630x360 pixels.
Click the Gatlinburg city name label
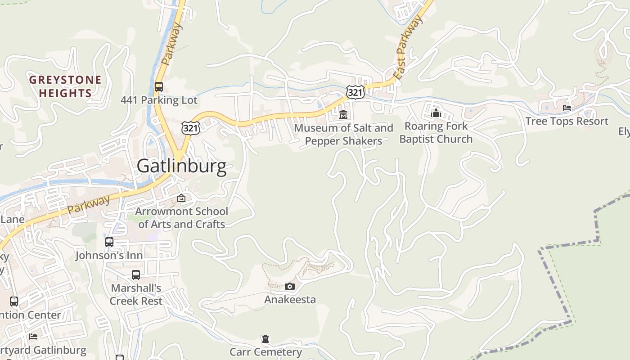coord(181,166)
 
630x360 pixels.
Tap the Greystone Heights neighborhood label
coord(65,87)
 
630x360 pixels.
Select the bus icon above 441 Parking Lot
coord(158,87)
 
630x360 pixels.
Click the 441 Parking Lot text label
coord(159,100)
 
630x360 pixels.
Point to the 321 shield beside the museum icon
coord(355,93)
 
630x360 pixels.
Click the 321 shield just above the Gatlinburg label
coord(190,128)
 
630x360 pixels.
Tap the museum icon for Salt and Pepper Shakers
coord(343,115)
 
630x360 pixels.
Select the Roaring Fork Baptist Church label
coord(436,133)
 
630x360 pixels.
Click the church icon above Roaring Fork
coord(436,113)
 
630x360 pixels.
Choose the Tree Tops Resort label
coord(567,121)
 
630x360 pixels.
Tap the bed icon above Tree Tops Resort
coord(567,108)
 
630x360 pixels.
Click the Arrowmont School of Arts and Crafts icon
coord(181,198)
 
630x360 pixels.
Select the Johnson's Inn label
coord(109,256)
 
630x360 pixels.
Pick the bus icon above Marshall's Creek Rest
coord(135,275)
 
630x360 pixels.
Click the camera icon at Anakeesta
coord(290,286)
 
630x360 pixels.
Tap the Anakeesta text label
coord(290,300)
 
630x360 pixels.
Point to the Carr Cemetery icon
coord(265,339)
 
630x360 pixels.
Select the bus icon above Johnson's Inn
coord(109,242)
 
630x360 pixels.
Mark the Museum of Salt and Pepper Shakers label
coord(343,135)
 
